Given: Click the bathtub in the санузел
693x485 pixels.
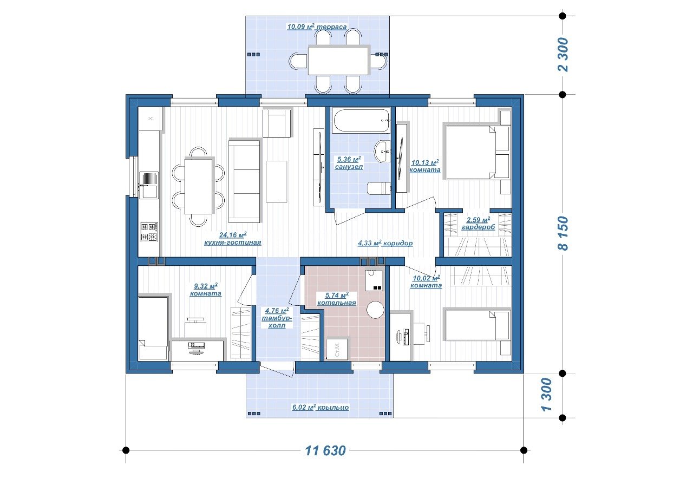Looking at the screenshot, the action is click(x=361, y=121).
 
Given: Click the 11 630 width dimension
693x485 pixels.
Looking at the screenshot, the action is click(x=325, y=451).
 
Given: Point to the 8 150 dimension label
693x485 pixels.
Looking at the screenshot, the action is click(x=563, y=233).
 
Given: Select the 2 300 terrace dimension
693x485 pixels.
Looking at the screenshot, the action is click(x=563, y=55).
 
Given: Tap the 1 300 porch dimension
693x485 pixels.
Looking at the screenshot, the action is click(x=547, y=395).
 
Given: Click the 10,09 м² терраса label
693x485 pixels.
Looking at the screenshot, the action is click(x=317, y=27).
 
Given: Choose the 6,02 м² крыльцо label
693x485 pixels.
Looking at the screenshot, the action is click(x=321, y=407).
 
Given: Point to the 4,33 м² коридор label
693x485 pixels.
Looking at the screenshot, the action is click(x=385, y=243).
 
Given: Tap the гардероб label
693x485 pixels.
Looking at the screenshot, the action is click(x=478, y=227).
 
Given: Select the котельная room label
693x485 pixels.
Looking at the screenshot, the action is click(x=337, y=303).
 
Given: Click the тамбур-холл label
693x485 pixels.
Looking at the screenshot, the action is click(x=277, y=322).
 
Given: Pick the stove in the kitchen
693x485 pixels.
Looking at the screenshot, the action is click(x=149, y=232).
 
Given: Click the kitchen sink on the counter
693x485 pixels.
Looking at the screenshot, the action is click(x=149, y=185).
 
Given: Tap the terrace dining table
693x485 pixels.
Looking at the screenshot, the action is click(x=338, y=61).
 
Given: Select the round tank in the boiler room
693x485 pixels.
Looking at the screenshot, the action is click(x=375, y=310).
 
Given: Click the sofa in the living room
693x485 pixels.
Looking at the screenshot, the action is click(x=244, y=181).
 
